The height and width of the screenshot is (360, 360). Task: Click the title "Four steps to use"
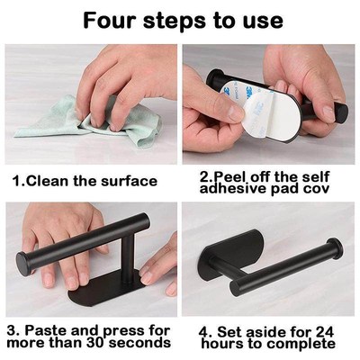click(x=180, y=20)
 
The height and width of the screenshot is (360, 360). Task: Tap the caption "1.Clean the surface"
click(x=85, y=181)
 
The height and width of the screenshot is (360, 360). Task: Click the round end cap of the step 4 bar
click(x=332, y=251)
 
